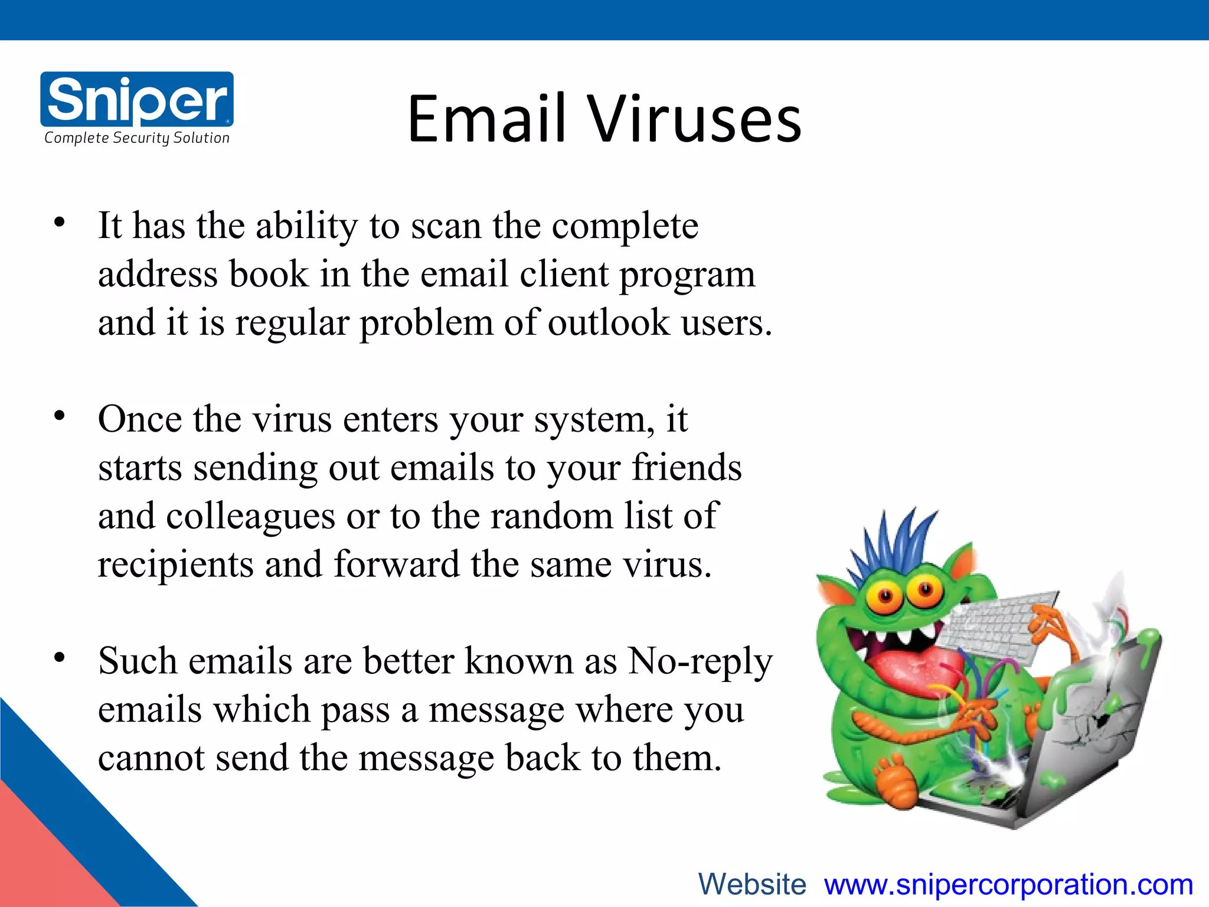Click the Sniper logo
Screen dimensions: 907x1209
coord(137,99)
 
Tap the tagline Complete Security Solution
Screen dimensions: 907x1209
coord(137,138)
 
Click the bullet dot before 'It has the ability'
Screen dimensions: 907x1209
coord(59,223)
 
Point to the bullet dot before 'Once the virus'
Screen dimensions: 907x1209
coord(59,416)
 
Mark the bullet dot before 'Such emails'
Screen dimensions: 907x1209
coord(59,658)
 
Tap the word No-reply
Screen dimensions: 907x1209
coord(700,661)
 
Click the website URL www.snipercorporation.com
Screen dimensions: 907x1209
coord(1008,885)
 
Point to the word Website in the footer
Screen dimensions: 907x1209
coord(752,885)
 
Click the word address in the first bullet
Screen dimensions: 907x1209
coord(158,275)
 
